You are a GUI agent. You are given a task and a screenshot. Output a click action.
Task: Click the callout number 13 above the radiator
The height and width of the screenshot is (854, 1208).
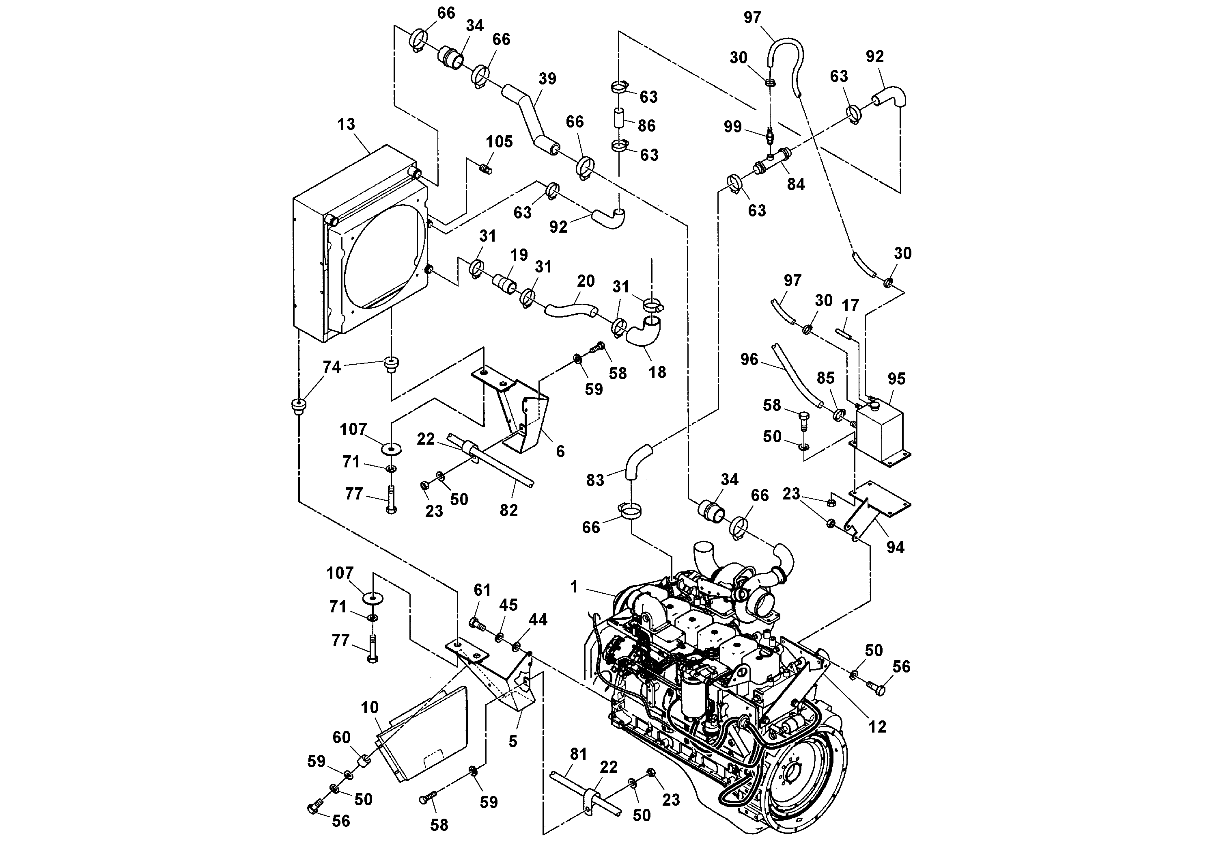click(346, 124)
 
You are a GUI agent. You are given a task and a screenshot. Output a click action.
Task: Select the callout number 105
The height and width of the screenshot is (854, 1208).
click(499, 142)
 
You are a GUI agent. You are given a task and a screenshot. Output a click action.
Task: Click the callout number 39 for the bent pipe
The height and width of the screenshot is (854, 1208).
click(547, 79)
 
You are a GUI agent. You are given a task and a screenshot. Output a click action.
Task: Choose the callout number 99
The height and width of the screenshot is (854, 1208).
click(732, 127)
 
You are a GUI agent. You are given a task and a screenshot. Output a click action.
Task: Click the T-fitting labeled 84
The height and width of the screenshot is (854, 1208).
click(771, 161)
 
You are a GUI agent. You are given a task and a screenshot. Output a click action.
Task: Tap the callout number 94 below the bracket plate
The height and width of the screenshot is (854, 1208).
click(895, 547)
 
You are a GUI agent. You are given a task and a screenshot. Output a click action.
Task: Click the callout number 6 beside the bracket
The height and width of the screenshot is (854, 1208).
click(560, 451)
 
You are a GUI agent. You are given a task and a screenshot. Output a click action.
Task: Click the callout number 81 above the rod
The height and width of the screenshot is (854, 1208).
click(578, 755)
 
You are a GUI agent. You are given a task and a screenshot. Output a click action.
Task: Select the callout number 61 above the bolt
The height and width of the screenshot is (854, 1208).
click(482, 590)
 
